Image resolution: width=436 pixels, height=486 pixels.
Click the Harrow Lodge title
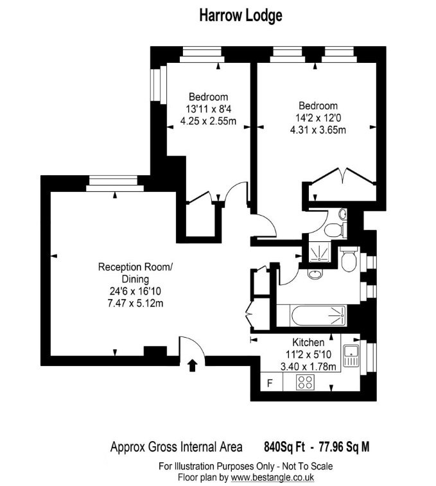[x=241, y=15]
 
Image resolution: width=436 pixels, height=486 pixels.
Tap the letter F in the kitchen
[x=270, y=383]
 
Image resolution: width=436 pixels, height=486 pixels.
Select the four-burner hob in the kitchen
[x=305, y=382]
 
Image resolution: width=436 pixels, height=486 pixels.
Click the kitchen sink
[x=351, y=356]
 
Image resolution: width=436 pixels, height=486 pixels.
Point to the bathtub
[x=318, y=316]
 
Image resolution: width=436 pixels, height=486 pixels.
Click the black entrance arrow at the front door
[x=193, y=365]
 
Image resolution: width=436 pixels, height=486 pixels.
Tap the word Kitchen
[x=308, y=342]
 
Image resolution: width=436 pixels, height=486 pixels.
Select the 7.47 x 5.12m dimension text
[x=135, y=303]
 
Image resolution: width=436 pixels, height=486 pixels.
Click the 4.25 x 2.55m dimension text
[x=209, y=121]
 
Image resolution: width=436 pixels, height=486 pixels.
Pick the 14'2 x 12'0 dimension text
[x=318, y=117]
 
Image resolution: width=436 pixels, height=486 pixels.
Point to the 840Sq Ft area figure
[x=284, y=447]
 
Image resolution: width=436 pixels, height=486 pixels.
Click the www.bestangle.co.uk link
[x=272, y=477]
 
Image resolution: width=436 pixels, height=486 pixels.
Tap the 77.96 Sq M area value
[x=344, y=447]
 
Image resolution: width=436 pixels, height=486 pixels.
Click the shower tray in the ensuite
[x=319, y=252]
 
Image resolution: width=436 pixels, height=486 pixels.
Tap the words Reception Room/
[x=135, y=267]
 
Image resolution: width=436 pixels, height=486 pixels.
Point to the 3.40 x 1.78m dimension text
[x=308, y=367]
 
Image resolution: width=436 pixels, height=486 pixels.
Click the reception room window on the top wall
[x=115, y=184]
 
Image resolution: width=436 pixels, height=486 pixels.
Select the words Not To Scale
[x=308, y=466]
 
